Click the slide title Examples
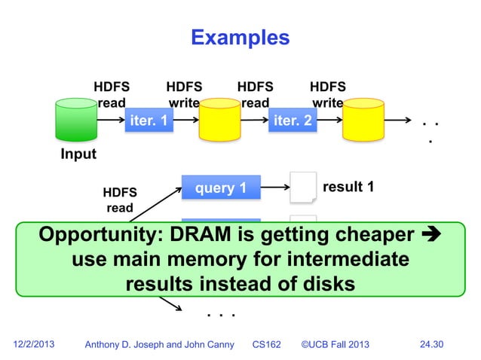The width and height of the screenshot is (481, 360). [240, 37]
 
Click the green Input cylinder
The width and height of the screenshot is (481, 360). [78, 121]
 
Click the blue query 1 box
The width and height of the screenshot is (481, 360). [220, 188]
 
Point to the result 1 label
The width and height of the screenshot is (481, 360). [348, 186]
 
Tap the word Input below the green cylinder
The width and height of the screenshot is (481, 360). [78, 154]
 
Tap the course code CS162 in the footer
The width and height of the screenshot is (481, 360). [265, 344]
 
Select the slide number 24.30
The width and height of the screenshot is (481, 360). [431, 344]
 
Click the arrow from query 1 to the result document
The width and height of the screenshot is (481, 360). [274, 188]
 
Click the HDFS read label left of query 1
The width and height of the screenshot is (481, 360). [119, 200]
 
